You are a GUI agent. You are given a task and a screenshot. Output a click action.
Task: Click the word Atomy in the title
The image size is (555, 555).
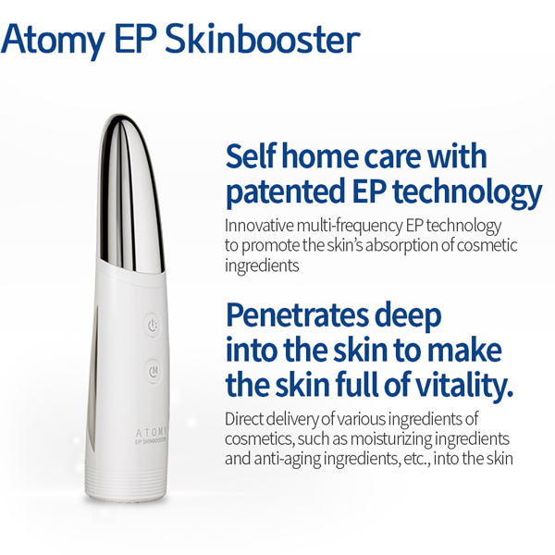(x=53, y=41)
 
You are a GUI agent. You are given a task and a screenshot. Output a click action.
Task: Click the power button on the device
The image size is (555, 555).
(x=153, y=325)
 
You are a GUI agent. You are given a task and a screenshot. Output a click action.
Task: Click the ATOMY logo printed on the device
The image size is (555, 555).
(x=151, y=433)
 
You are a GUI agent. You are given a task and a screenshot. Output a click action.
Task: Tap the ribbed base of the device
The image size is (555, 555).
(x=125, y=478)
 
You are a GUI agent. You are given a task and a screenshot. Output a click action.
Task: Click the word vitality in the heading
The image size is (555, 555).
(x=464, y=384)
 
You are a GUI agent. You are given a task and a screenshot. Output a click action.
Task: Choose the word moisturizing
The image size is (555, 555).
(x=391, y=439)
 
